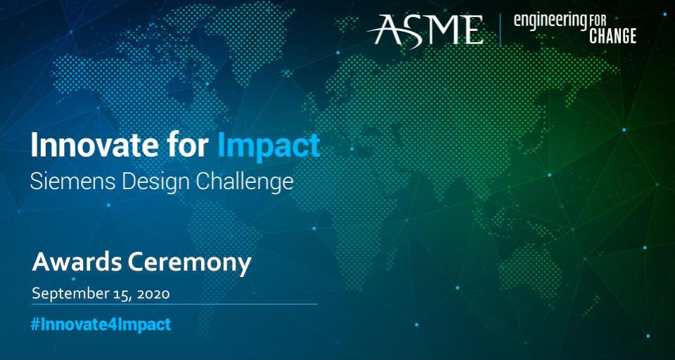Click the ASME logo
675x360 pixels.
(425, 30)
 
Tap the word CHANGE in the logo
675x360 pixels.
(612, 37)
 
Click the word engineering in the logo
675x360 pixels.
(551, 22)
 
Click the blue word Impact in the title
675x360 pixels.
(269, 146)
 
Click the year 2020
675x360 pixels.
(154, 294)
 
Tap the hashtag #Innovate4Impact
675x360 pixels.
(101, 324)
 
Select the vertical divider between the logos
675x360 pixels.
(500, 30)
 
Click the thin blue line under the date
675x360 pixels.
(175, 304)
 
